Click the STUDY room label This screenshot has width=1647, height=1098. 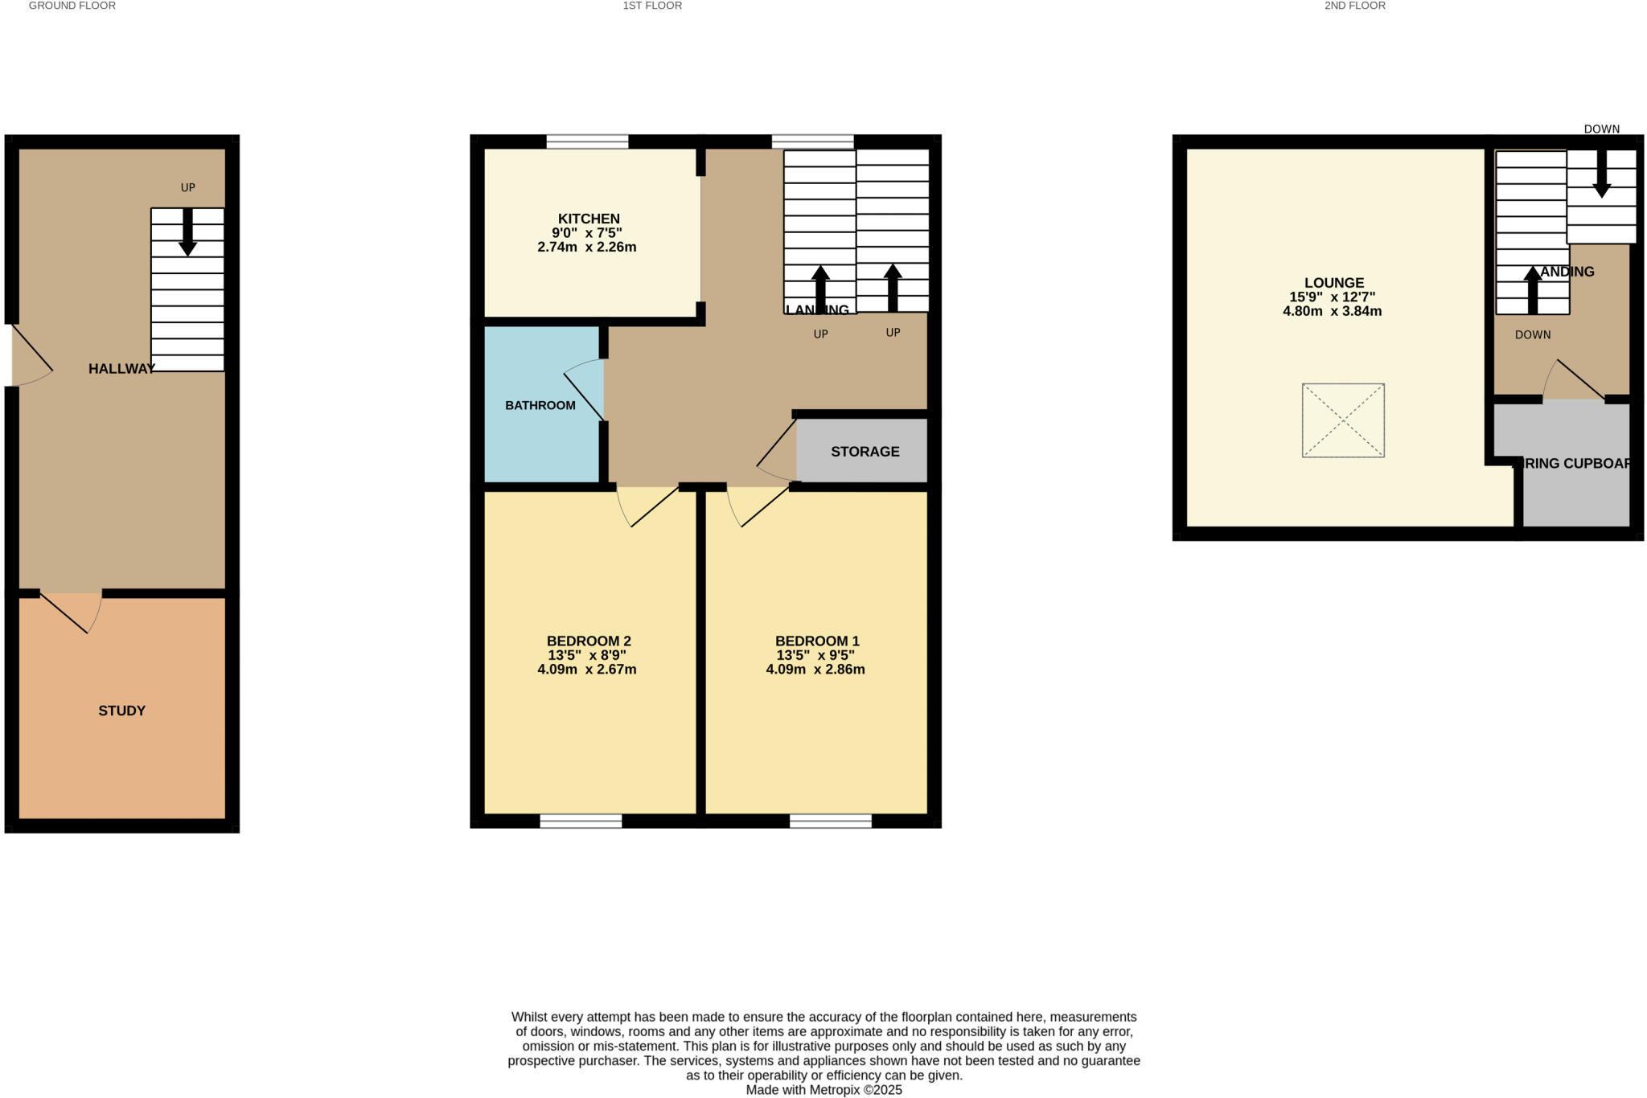[x=121, y=711]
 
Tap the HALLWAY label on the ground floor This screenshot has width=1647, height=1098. [x=121, y=369]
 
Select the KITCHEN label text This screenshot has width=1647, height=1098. [x=589, y=219]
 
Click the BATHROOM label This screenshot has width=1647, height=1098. [x=540, y=405]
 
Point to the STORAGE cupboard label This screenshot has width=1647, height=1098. [x=865, y=452]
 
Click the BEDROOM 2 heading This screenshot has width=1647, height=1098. [x=589, y=641]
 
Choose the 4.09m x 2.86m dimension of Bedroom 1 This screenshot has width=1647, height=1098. [x=815, y=670]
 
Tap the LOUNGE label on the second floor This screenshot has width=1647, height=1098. [x=1333, y=283]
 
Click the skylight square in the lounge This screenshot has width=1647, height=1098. [x=1343, y=420]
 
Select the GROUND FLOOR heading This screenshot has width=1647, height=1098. [x=72, y=6]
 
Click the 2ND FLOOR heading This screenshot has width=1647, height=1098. [x=1355, y=6]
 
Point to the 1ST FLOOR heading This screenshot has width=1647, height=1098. [x=652, y=6]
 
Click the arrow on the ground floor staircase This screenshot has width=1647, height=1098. [x=187, y=232]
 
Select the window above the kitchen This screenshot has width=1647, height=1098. [x=587, y=141]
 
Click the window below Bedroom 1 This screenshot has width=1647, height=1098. [x=831, y=821]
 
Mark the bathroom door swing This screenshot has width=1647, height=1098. [x=585, y=390]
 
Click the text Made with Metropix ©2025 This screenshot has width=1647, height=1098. [x=823, y=1090]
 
